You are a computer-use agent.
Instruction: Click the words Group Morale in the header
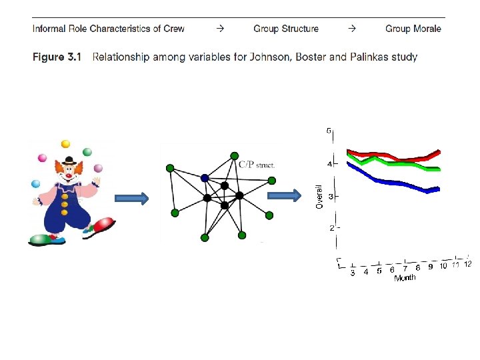(x=413, y=29)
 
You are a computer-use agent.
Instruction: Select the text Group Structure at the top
(x=286, y=29)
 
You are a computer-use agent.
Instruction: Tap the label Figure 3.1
(x=57, y=57)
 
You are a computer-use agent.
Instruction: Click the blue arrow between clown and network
(x=131, y=198)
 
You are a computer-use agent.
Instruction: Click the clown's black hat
(x=69, y=161)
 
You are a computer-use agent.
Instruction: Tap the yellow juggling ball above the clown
(x=65, y=143)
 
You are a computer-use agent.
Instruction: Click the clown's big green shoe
(x=43, y=237)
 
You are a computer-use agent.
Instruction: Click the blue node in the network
(x=205, y=177)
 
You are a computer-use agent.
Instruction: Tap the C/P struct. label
(x=256, y=163)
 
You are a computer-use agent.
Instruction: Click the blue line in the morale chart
(x=387, y=181)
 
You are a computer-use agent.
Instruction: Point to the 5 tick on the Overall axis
(x=329, y=131)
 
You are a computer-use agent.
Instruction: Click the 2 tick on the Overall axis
(x=331, y=228)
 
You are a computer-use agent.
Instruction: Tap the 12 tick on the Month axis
(x=467, y=264)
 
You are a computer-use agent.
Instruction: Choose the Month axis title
(x=405, y=277)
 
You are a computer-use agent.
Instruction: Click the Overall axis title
(x=319, y=196)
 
